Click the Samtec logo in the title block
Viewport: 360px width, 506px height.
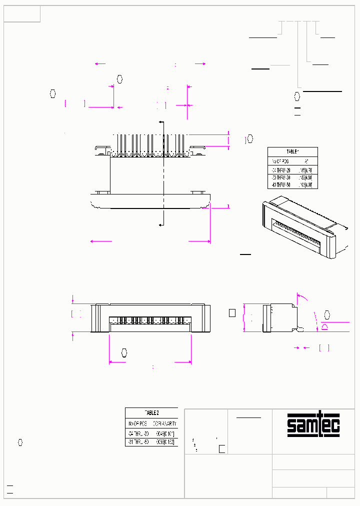click(x=313, y=425)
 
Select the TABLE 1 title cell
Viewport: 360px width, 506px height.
click(x=292, y=152)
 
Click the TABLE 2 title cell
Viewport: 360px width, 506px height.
click(x=151, y=412)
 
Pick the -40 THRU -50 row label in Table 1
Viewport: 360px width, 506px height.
click(x=280, y=185)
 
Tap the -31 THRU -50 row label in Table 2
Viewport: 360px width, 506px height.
click(x=138, y=442)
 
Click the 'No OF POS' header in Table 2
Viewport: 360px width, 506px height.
click(x=138, y=423)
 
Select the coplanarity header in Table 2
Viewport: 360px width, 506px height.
click(x=165, y=423)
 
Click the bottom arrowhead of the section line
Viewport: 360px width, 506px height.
click(x=160, y=226)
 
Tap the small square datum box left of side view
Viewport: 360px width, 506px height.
click(x=231, y=313)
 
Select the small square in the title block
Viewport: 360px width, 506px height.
click(x=222, y=448)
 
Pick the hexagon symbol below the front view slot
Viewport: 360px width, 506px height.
click(x=124, y=353)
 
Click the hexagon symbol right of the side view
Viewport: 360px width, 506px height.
click(x=327, y=315)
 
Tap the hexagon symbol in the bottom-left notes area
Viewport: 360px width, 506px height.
click(x=20, y=442)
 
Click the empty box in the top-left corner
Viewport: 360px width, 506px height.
click(x=22, y=14)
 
